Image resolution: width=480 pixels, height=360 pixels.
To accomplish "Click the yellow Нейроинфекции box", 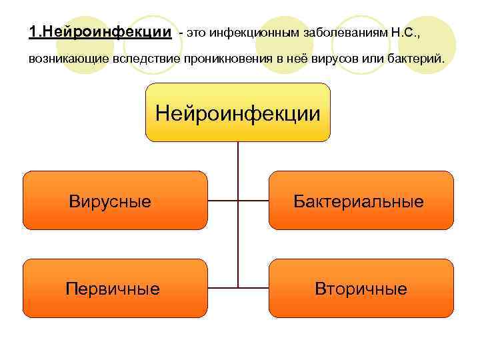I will click(237, 112).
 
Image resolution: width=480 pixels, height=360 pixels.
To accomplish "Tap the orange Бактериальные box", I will click(361, 201).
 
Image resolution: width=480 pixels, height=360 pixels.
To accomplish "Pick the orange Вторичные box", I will click(361, 288).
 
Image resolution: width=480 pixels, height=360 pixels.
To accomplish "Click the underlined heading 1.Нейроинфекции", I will click(100, 31).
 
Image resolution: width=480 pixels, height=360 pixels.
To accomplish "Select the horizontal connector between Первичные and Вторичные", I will click(238, 288).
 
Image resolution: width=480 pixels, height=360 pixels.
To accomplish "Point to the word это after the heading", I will click(195, 32).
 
